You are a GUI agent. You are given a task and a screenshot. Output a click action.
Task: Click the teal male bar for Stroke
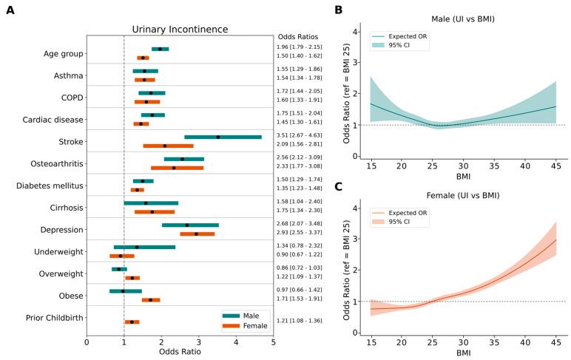[223, 137]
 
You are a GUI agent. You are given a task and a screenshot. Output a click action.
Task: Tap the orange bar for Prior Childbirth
[132, 322]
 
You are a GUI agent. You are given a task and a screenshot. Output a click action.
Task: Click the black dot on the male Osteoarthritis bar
[183, 159]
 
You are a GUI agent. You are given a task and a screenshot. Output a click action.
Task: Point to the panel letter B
[338, 10]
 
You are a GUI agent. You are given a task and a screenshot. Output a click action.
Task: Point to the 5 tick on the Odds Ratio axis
[273, 342]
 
